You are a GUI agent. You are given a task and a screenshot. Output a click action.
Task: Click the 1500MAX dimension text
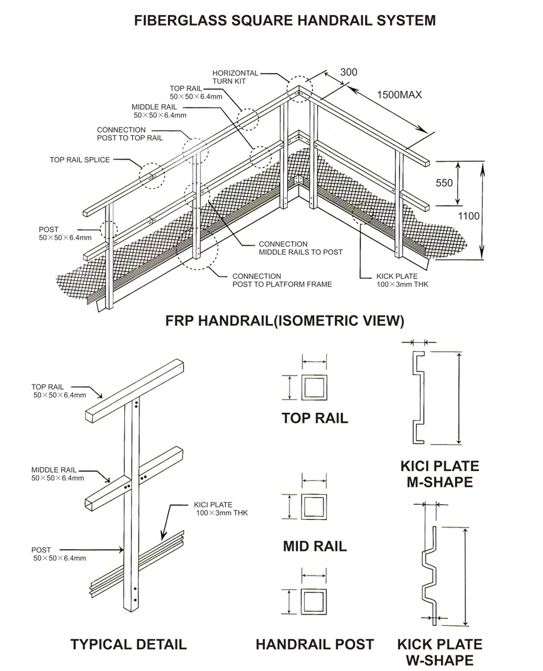coord(399,95)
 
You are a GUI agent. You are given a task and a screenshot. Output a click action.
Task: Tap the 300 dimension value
coord(349,72)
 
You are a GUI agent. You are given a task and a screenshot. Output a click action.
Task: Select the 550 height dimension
coord(444,183)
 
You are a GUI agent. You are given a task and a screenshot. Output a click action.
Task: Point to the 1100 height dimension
coord(469,216)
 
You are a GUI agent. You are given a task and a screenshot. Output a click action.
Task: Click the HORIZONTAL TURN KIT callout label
coord(235,77)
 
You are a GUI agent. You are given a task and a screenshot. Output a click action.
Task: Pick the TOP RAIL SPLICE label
coord(80,160)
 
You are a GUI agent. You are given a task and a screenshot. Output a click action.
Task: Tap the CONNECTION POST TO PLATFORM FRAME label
coord(282,280)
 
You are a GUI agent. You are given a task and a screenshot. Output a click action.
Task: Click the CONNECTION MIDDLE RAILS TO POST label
coord(300,248)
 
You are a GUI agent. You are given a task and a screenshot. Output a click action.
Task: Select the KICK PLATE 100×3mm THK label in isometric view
coord(402,280)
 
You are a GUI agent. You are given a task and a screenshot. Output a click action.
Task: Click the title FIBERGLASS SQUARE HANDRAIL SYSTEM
coord(285,21)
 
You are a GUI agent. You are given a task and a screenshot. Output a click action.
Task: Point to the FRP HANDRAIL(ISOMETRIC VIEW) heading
coord(285,321)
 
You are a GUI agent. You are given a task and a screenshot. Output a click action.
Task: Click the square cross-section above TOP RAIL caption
coord(314,387)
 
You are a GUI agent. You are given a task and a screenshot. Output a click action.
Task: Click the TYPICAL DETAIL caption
coord(128,644)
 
